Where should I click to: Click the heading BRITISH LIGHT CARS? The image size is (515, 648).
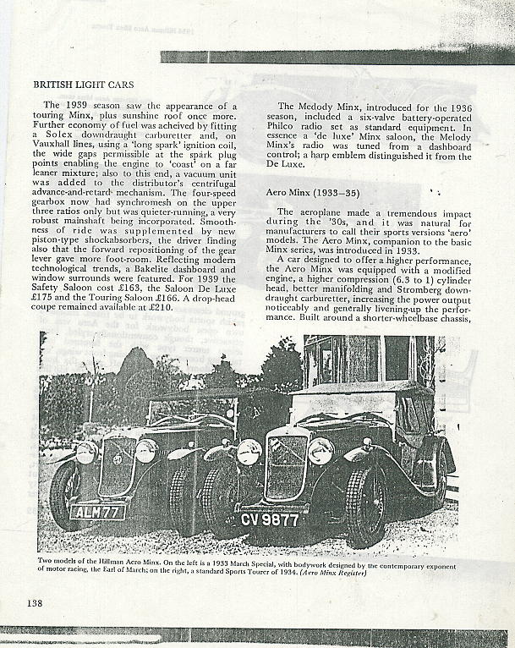(83, 85)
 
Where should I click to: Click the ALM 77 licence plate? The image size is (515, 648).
(97, 512)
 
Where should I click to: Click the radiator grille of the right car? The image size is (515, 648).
(286, 467)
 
